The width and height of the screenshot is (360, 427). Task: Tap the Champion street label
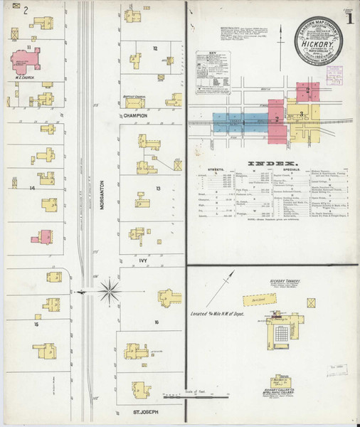click(x=134, y=115)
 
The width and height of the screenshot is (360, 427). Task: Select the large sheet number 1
click(x=349, y=17)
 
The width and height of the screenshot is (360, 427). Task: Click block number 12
click(x=154, y=48)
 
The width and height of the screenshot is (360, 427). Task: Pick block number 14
click(x=32, y=188)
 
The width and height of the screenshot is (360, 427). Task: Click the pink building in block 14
click(x=44, y=236)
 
